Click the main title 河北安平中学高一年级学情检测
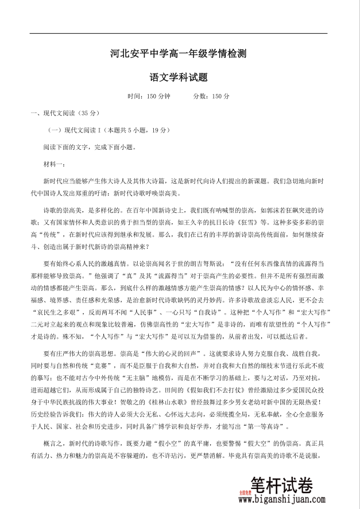click(x=179, y=55)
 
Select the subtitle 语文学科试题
click(x=179, y=76)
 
